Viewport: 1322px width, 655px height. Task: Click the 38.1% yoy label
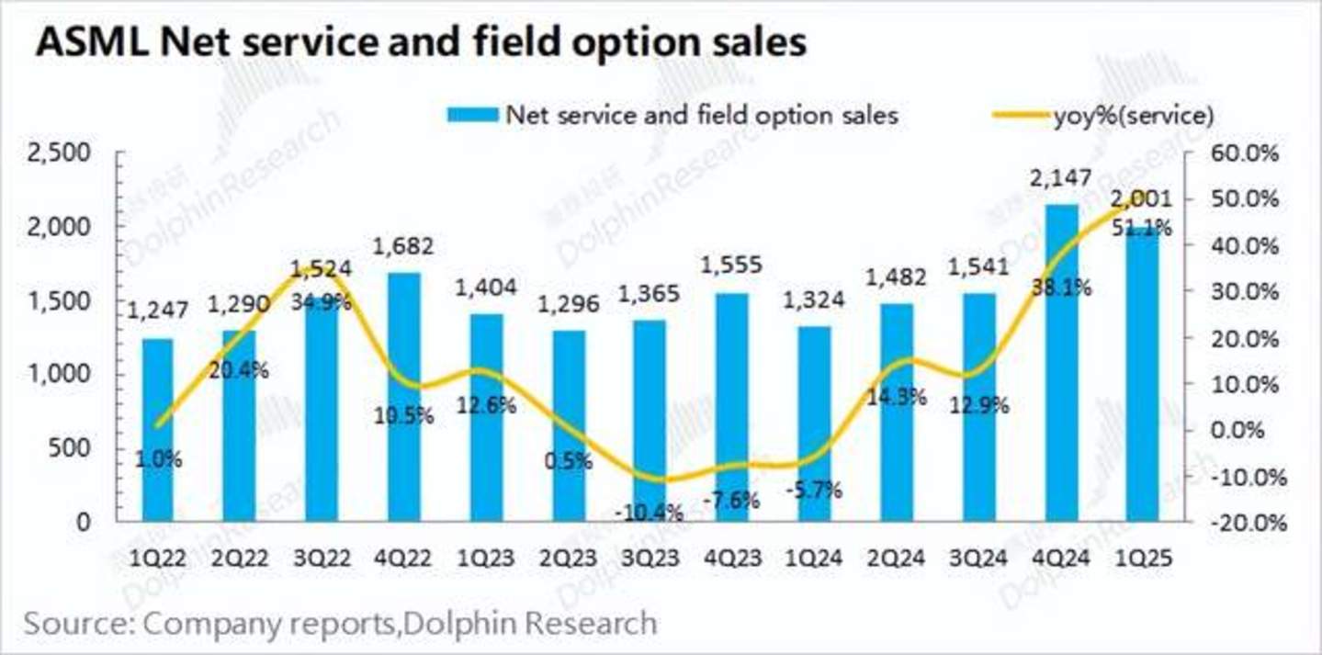tap(1060, 288)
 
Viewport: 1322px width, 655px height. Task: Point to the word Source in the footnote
tap(73, 623)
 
